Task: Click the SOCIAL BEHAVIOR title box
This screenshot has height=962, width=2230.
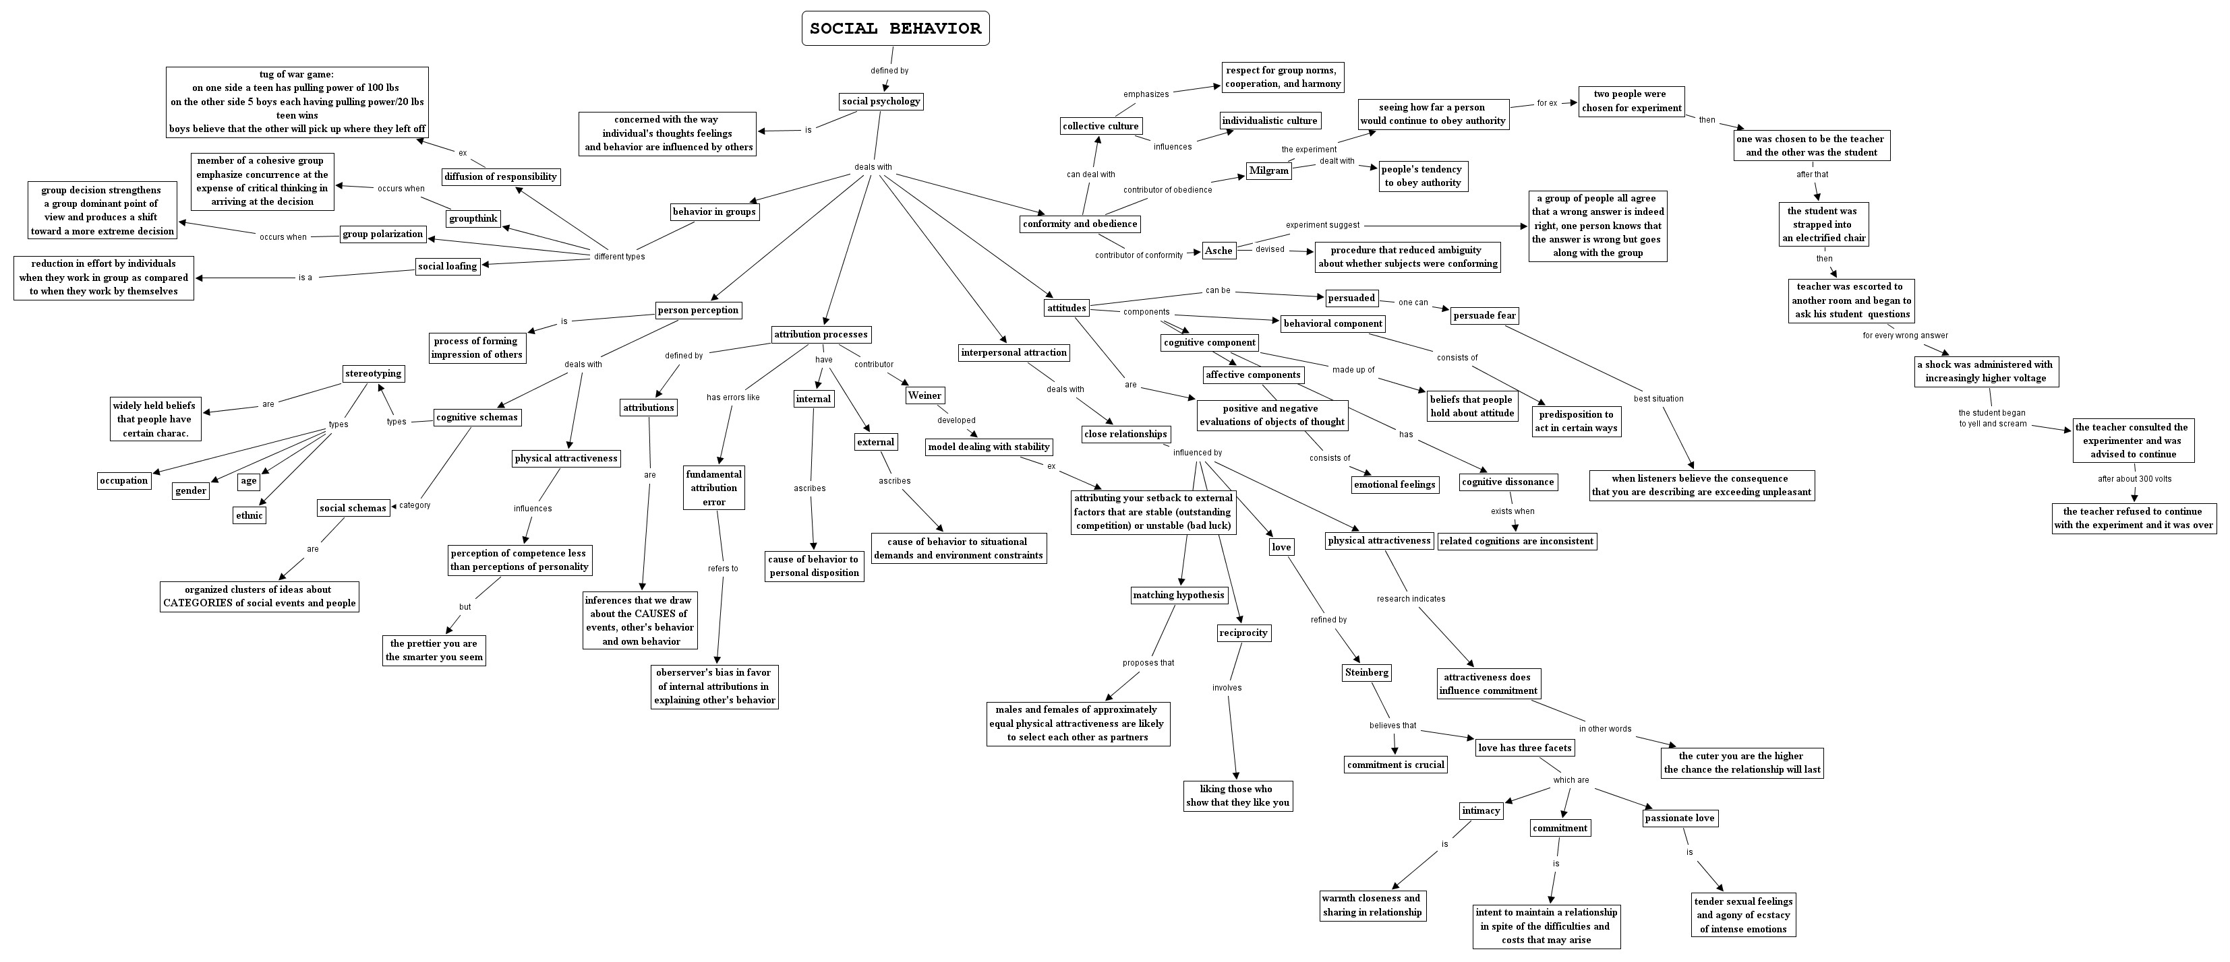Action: [x=895, y=28]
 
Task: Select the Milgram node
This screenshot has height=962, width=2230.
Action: [x=1268, y=170]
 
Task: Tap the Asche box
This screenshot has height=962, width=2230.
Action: [x=1218, y=251]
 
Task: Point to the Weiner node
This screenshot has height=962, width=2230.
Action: [x=925, y=395]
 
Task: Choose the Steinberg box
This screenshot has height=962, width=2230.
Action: [x=1367, y=672]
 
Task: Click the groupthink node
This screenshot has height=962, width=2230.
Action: [x=473, y=219]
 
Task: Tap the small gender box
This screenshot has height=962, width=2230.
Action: [x=190, y=490]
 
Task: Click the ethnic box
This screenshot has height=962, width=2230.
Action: [x=250, y=515]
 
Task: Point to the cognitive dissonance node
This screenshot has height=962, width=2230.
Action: [x=1508, y=482]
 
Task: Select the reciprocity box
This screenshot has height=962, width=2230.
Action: [x=1243, y=633]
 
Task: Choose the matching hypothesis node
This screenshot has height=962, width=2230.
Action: [x=1178, y=596]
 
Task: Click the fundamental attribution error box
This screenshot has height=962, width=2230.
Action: [x=713, y=488]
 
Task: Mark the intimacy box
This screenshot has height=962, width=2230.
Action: [x=1480, y=810]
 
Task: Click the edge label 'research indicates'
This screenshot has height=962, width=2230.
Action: [x=1410, y=599]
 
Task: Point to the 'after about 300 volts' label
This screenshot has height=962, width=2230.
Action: [x=2134, y=478]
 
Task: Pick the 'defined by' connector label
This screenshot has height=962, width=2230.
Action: [x=889, y=71]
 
